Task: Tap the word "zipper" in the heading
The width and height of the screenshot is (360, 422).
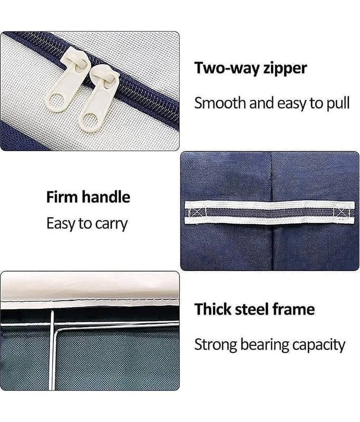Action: pyautogui.click(x=285, y=69)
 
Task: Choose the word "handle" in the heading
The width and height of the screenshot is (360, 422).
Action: pyautogui.click(x=106, y=197)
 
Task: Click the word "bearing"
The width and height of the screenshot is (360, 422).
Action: pyautogui.click(x=264, y=345)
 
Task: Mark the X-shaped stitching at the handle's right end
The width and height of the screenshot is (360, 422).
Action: pyautogui.click(x=342, y=213)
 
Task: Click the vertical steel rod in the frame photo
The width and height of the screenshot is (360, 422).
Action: pyautogui.click(x=52, y=350)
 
